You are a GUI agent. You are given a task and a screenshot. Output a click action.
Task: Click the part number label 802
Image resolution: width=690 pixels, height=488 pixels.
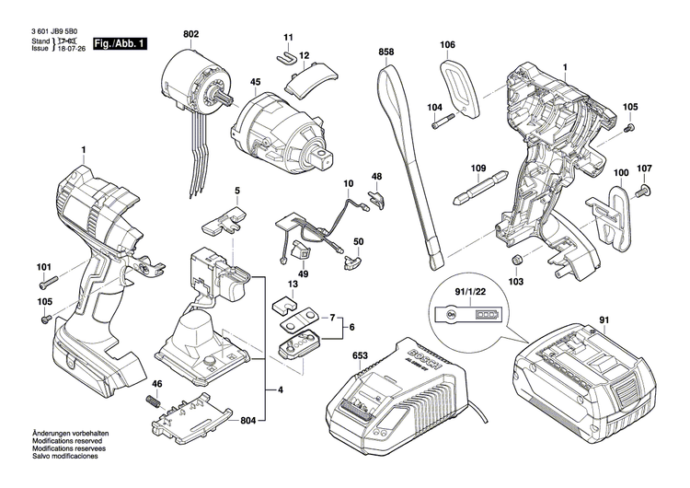coord(190,35)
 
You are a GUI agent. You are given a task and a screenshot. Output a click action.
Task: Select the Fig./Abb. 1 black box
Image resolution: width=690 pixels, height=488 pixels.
coord(120,43)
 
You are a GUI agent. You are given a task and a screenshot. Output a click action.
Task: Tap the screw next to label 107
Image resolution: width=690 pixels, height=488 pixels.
coord(642,191)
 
